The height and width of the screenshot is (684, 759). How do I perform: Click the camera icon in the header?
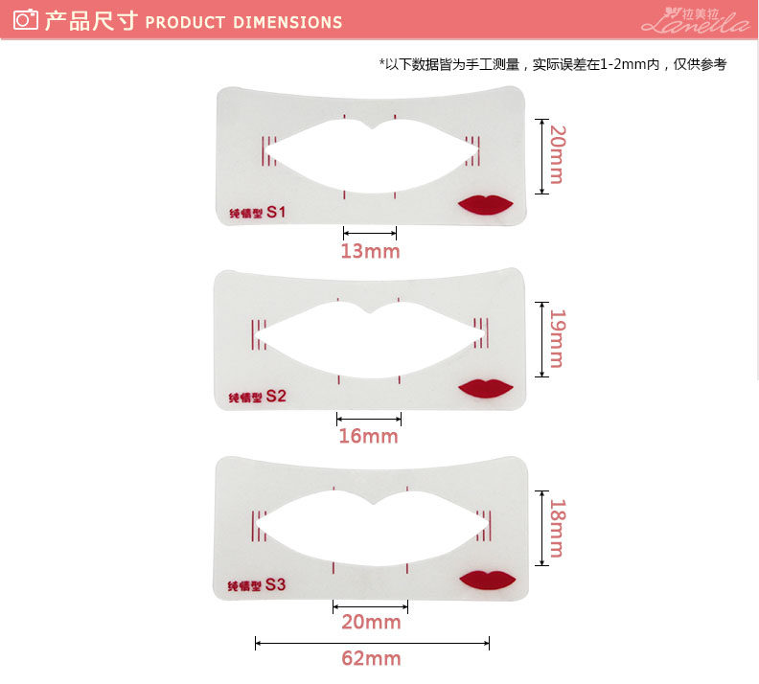[x=26, y=19]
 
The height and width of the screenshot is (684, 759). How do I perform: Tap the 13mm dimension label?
[x=370, y=252]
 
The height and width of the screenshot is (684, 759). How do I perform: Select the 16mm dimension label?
[x=368, y=437]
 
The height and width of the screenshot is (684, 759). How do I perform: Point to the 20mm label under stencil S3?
[x=371, y=623]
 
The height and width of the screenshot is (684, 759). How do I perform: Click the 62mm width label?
[x=371, y=659]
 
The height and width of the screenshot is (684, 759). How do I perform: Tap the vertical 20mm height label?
[x=557, y=155]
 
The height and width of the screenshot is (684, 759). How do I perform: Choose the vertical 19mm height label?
[x=557, y=339]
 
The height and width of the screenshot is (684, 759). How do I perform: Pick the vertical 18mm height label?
[x=557, y=527]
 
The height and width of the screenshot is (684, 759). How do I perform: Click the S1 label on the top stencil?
[x=276, y=212]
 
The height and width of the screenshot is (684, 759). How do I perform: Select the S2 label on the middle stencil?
[x=276, y=395]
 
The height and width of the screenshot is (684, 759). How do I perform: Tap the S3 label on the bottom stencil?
[x=276, y=583]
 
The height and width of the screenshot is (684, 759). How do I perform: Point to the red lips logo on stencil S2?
[x=486, y=388]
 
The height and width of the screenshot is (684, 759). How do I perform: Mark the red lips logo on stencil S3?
[x=486, y=579]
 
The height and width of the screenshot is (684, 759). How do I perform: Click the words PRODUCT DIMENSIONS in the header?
[x=243, y=21]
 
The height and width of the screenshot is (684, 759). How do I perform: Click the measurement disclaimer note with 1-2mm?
[x=553, y=64]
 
